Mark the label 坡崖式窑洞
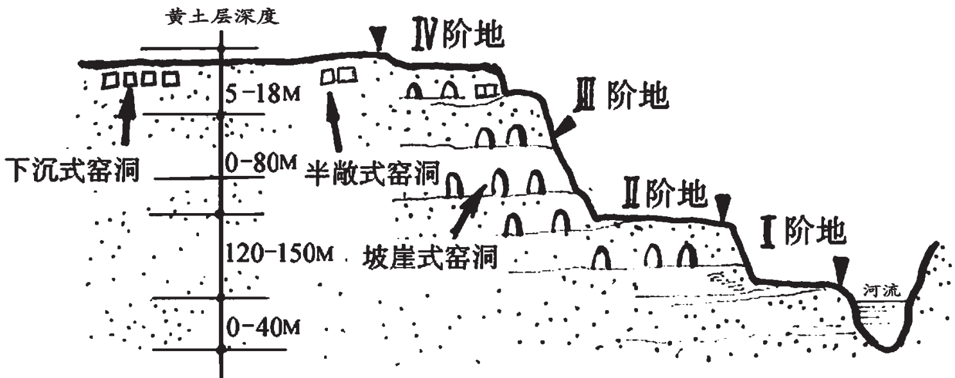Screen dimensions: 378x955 pyautogui.click(x=430, y=258)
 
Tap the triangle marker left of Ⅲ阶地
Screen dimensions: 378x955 pyautogui.click(x=565, y=126)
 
